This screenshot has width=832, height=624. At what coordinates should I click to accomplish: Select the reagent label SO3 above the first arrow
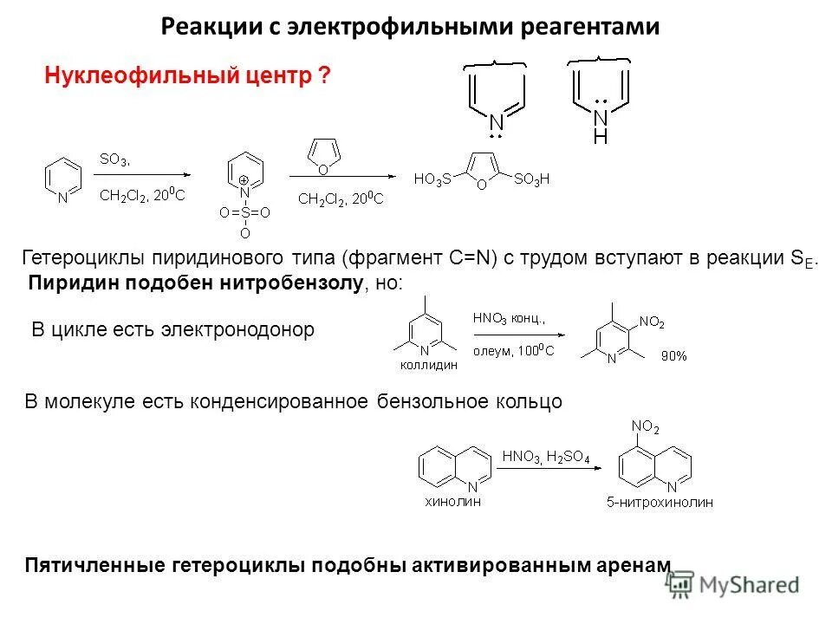coord(114,159)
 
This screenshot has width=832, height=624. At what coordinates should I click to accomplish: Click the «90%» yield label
coord(673,355)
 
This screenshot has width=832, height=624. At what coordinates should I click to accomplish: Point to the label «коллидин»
coord(428,367)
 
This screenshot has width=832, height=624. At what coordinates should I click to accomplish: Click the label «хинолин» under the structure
coord(453,499)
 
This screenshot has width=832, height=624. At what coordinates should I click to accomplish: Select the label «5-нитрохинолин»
coord(660,503)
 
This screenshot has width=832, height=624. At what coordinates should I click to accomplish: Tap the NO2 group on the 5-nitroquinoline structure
coord(645,426)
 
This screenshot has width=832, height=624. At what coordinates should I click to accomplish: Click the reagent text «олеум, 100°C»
coord(513,350)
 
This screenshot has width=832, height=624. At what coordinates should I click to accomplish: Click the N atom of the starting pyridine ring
coord(62,198)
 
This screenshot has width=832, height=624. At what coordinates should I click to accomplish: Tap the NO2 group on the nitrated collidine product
coord(652,322)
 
